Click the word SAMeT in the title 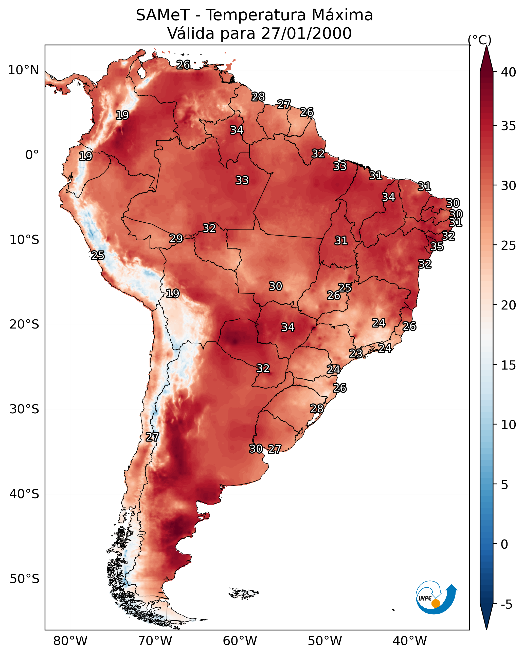(x=163, y=15)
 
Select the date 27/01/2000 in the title (x=306, y=33)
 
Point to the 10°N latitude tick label (x=23, y=70)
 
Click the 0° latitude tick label (x=32, y=155)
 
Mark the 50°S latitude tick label (x=24, y=579)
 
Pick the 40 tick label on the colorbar (x=509, y=72)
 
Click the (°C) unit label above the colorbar (x=480, y=40)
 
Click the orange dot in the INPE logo (x=436, y=603)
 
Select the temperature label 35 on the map (x=437, y=247)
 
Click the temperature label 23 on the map (x=355, y=354)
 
